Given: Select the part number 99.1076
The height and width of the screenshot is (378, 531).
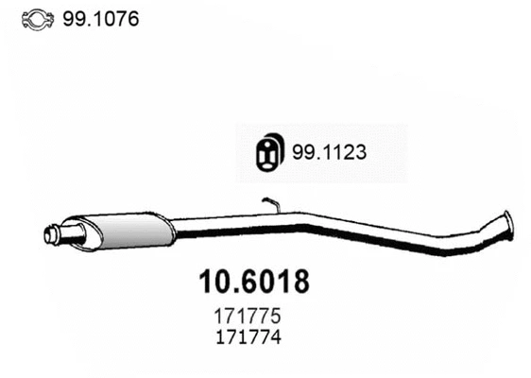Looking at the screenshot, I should click(99, 18).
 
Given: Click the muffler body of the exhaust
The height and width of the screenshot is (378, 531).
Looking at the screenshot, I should click(132, 228).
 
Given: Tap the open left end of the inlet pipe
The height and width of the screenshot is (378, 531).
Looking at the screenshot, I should click(51, 234).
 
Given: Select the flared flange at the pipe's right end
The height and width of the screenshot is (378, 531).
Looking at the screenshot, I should click(507, 223).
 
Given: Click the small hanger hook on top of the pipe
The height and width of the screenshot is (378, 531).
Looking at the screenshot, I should click(271, 202).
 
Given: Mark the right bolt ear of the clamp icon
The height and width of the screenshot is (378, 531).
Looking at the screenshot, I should click(49, 19).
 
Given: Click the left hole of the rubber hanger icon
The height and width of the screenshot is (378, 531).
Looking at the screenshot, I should click(265, 152).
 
